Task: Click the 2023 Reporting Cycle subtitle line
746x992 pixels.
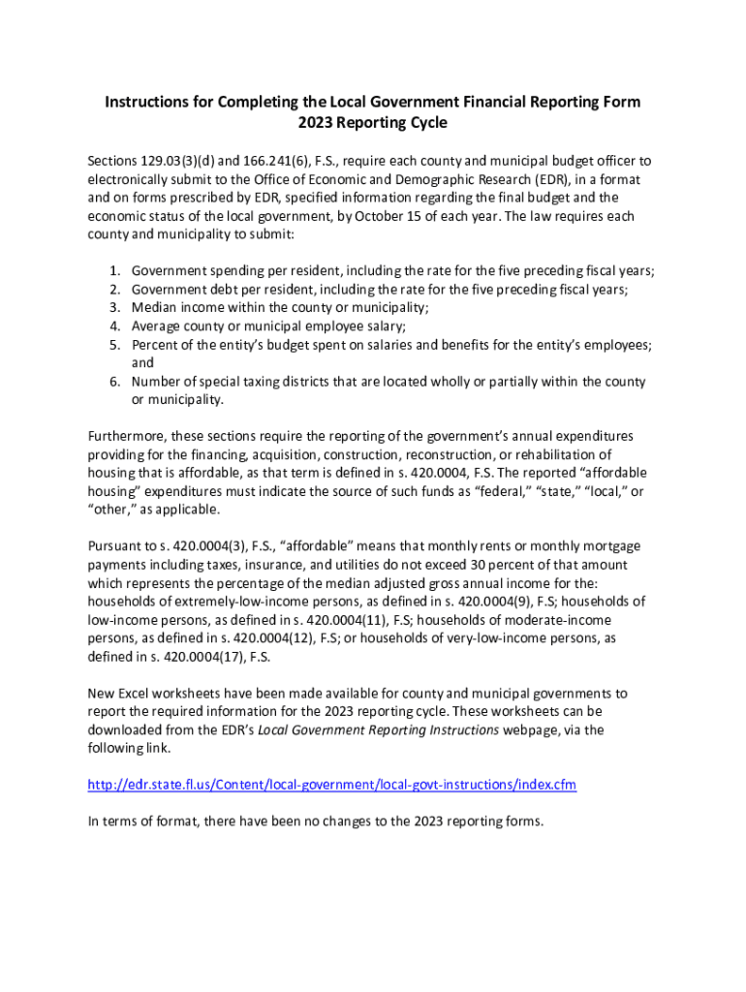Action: (372, 124)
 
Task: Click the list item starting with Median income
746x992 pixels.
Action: (280, 308)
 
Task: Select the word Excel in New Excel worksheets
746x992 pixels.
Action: (140, 693)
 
